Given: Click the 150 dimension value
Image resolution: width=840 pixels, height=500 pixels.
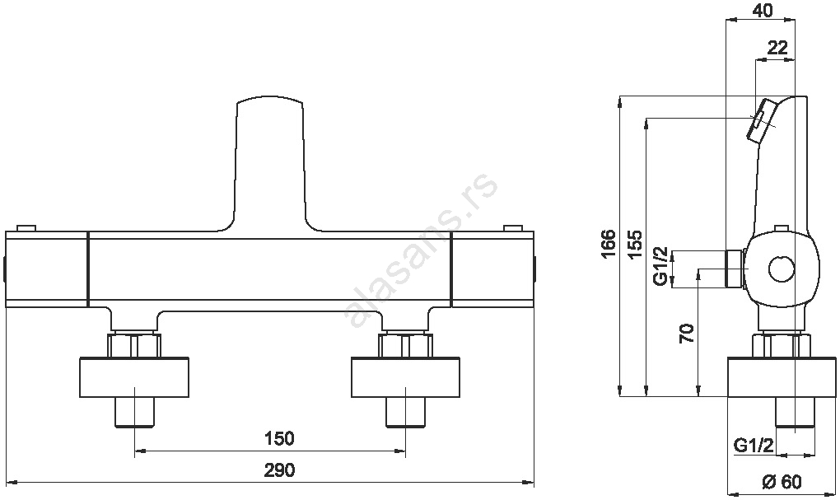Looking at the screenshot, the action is point(279,438).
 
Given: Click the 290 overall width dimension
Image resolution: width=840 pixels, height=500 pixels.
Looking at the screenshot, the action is point(279,470).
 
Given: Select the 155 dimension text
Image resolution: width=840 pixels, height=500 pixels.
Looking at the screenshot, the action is point(635,245).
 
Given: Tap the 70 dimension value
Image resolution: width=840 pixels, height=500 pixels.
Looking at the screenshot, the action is point(687,334).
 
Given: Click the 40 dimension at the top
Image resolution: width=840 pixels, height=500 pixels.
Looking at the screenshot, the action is point(763,10).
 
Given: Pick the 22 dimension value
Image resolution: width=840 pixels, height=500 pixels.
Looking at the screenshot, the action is point(777,48).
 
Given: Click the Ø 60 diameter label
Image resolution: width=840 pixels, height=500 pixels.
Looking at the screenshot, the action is point(782,482).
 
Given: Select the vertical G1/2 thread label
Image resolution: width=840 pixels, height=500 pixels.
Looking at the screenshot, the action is point(661,266).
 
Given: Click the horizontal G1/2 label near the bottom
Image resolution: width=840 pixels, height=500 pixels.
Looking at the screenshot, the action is point(754,446).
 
